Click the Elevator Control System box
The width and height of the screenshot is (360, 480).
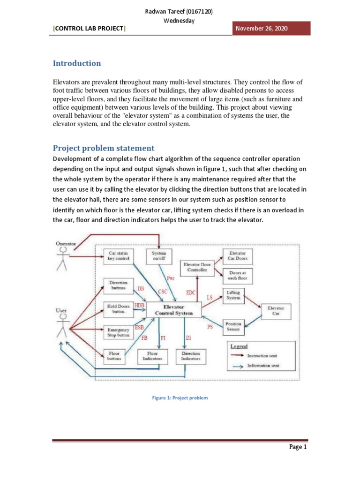click(x=173, y=310)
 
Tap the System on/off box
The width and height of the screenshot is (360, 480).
click(x=159, y=255)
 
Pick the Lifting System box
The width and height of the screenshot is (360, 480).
click(x=233, y=295)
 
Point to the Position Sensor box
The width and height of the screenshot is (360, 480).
click(x=233, y=326)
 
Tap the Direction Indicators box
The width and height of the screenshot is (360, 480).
click(x=190, y=356)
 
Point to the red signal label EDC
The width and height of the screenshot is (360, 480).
click(x=191, y=292)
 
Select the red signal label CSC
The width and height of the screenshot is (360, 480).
click(x=163, y=292)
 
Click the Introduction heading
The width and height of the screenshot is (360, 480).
click(x=76, y=63)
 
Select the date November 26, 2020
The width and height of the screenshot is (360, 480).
click(x=261, y=29)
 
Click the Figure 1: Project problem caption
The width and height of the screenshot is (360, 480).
click(x=180, y=398)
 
